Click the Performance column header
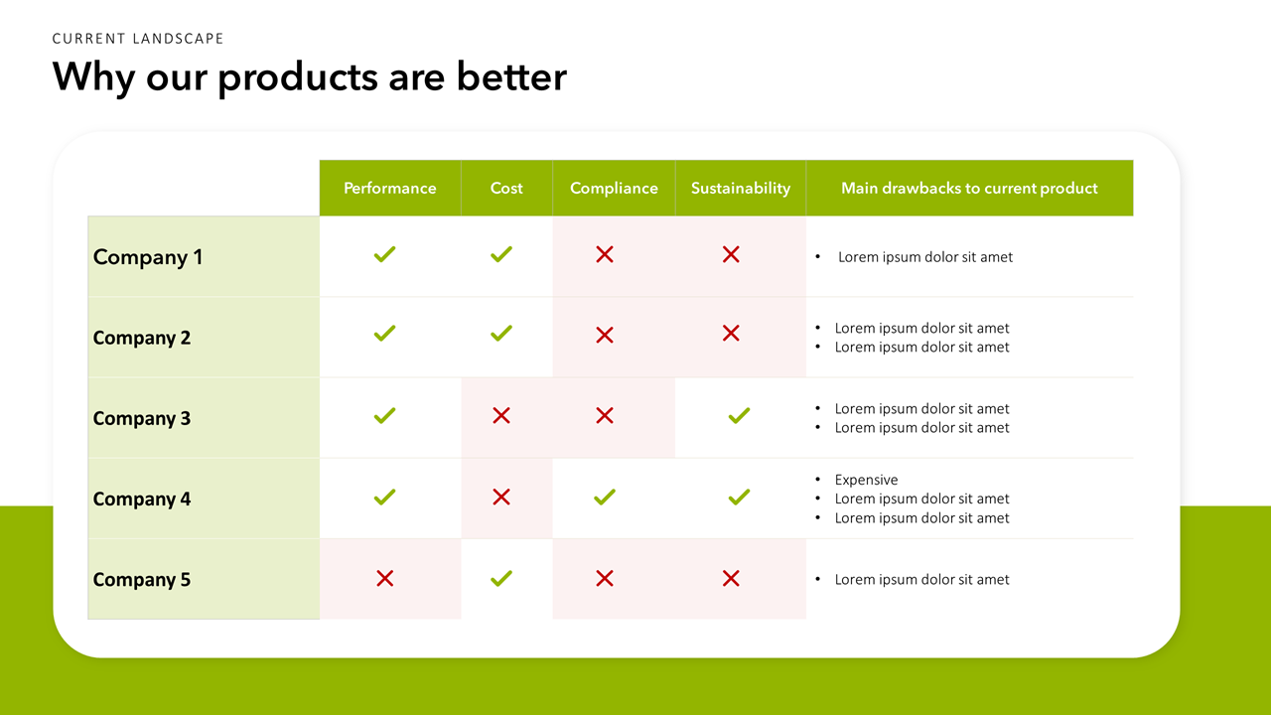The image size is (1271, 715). tap(390, 188)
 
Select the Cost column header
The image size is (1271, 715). tap(506, 188)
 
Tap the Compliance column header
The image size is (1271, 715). tap(614, 189)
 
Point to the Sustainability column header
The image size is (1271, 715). tap(741, 189)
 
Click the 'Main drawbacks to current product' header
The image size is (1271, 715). tap(969, 188)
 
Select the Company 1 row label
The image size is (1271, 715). tap(148, 257)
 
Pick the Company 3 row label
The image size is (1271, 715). tap(142, 418)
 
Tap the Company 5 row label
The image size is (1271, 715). tap(142, 579)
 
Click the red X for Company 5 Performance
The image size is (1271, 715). tap(384, 579)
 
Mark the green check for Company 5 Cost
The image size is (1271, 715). tap(501, 578)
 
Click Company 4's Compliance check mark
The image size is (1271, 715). tap(605, 498)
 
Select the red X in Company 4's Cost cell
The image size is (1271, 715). tap(501, 498)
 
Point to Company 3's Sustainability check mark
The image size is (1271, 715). tap(740, 416)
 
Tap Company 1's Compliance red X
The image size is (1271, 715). tap(605, 254)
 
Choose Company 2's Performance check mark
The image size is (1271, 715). tap(384, 333)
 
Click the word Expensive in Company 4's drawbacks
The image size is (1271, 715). tap(866, 480)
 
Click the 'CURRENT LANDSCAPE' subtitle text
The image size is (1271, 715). tap(138, 39)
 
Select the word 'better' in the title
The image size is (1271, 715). tap(511, 76)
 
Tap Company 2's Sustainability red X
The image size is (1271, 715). tap(731, 333)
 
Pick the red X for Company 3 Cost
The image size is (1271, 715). tap(501, 416)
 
